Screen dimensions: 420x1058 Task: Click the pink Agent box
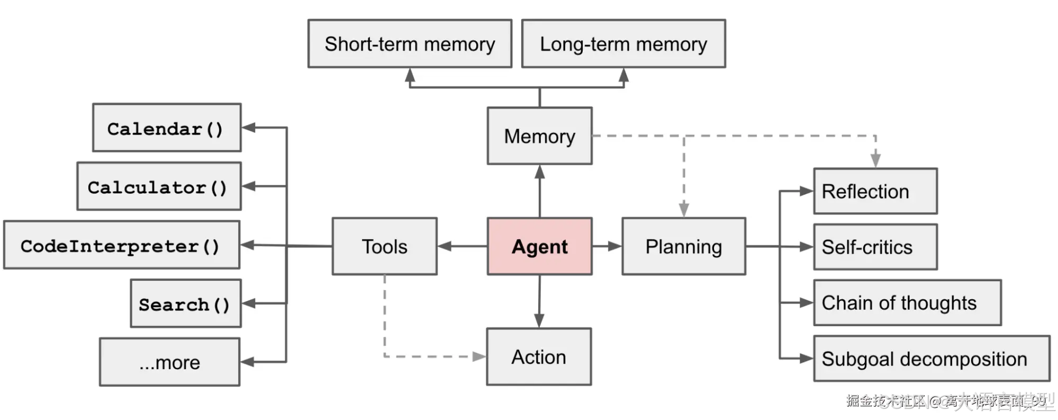[539, 246]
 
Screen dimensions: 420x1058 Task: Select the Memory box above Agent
[539, 136]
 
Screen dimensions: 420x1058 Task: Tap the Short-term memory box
[410, 44]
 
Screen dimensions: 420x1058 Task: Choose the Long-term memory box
[623, 44]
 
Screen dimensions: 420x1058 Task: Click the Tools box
[384, 246]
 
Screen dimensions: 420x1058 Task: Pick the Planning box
[683, 246]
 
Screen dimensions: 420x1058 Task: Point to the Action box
[539, 356]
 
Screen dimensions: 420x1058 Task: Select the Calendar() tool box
[167, 128]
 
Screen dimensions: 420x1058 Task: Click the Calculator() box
[159, 186]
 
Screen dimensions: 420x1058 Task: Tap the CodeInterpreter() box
[121, 245]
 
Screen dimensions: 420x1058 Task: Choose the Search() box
[186, 303]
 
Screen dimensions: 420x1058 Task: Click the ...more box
[169, 362]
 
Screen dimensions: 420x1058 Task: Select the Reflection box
[875, 191]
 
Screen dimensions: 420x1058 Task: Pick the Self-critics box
[875, 247]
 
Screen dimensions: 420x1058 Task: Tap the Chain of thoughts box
[907, 303]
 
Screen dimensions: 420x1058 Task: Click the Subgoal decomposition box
[931, 359]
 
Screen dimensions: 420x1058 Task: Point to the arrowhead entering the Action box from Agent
[539, 320]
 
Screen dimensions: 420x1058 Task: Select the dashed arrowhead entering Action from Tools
[478, 356]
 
